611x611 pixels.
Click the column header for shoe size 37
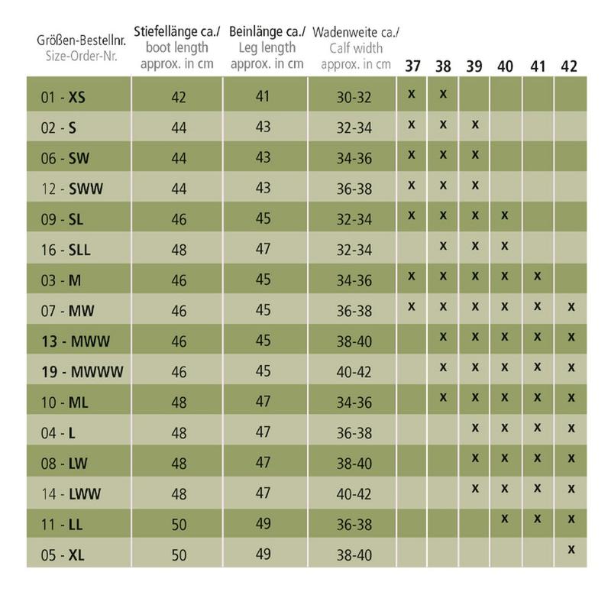(413, 66)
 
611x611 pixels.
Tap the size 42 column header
(567, 66)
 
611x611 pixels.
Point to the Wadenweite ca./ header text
(355, 32)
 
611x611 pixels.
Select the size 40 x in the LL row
(506, 518)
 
